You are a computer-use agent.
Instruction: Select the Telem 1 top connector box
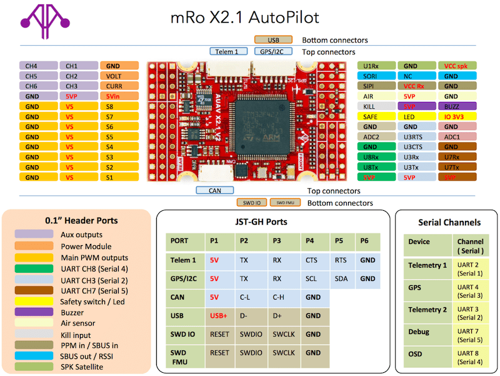[227, 52]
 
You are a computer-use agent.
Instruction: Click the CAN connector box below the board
[214, 190]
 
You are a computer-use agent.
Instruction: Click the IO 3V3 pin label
[457, 116]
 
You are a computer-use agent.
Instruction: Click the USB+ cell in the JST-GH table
[218, 316]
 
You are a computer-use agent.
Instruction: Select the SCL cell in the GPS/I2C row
[311, 278]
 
